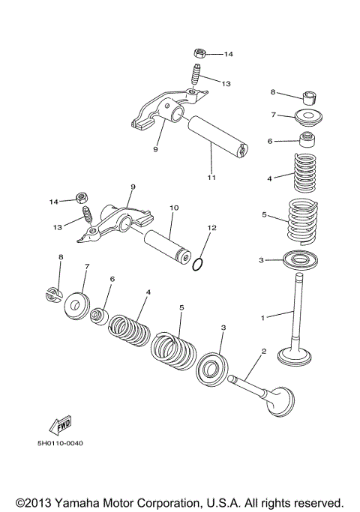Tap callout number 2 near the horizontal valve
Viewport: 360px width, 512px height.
(263, 351)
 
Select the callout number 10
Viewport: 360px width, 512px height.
(173, 206)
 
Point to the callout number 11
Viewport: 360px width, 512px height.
(211, 177)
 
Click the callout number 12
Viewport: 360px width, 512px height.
(211, 226)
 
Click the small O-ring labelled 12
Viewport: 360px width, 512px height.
(196, 263)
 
